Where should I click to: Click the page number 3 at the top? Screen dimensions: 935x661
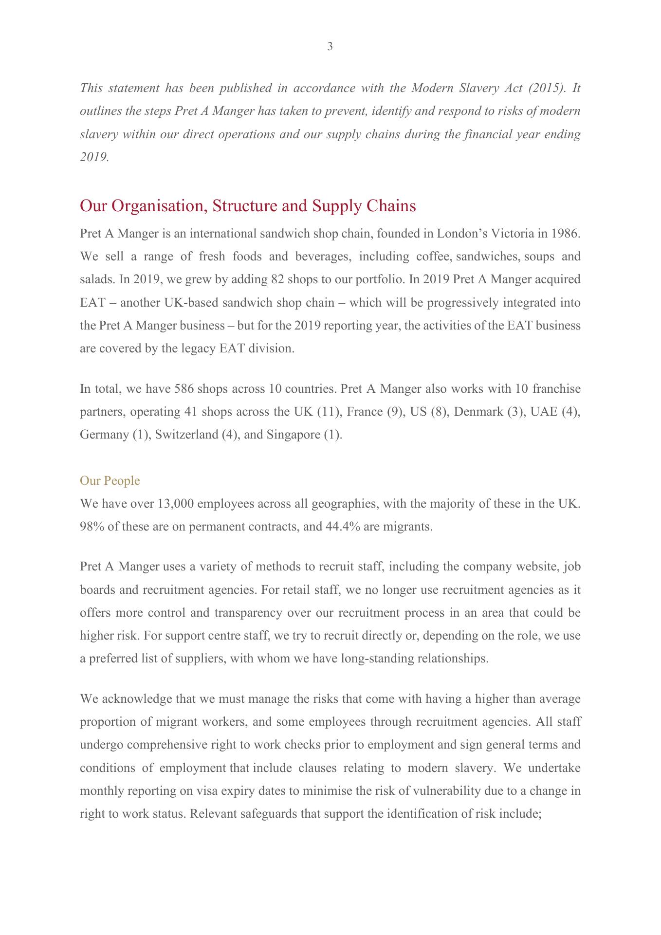(x=330, y=47)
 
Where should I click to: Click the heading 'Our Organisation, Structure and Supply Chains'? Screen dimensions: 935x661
(x=248, y=206)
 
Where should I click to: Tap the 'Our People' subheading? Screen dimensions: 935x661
(x=110, y=481)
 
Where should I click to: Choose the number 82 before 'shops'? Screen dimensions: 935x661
(x=276, y=280)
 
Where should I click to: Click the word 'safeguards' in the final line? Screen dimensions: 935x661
(x=267, y=814)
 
